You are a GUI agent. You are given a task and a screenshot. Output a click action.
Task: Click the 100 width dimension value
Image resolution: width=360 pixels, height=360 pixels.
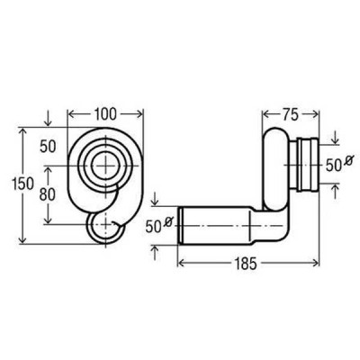105,114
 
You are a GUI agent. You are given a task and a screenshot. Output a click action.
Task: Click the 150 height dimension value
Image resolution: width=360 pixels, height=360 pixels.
22,184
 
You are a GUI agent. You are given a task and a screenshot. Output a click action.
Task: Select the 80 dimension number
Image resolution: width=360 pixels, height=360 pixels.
48,194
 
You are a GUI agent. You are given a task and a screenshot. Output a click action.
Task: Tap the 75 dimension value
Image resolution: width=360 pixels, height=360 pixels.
290,114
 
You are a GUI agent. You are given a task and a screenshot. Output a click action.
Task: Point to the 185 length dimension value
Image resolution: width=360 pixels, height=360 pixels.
246,264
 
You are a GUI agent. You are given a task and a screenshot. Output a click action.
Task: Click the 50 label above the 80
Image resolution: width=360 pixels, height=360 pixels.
48,147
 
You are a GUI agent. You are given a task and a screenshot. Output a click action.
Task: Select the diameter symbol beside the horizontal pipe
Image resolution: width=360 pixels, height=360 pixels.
168,222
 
